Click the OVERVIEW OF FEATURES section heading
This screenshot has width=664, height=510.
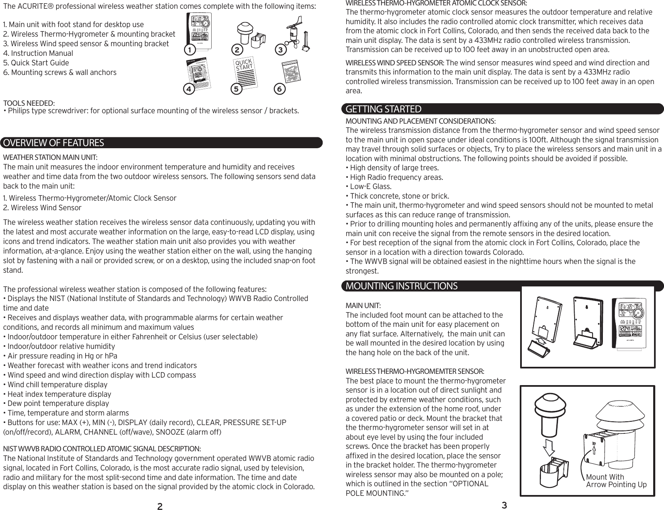coord(53,143)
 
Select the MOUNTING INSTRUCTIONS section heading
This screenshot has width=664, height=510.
coord(401,286)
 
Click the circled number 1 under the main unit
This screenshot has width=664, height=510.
coord(190,50)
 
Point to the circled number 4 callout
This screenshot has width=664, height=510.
coord(190,89)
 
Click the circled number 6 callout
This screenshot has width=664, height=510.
coord(280,89)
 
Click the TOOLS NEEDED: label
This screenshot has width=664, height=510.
coord(29,103)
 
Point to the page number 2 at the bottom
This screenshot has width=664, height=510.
coord(159,506)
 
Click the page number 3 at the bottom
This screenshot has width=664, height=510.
coord(504,505)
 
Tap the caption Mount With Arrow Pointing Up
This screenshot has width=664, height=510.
coord(616,481)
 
